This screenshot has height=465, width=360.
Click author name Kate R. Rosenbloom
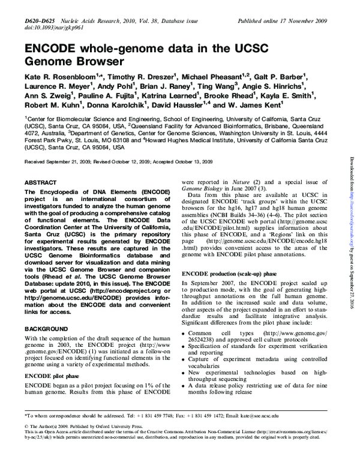pyautogui.click(x=58, y=77)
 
